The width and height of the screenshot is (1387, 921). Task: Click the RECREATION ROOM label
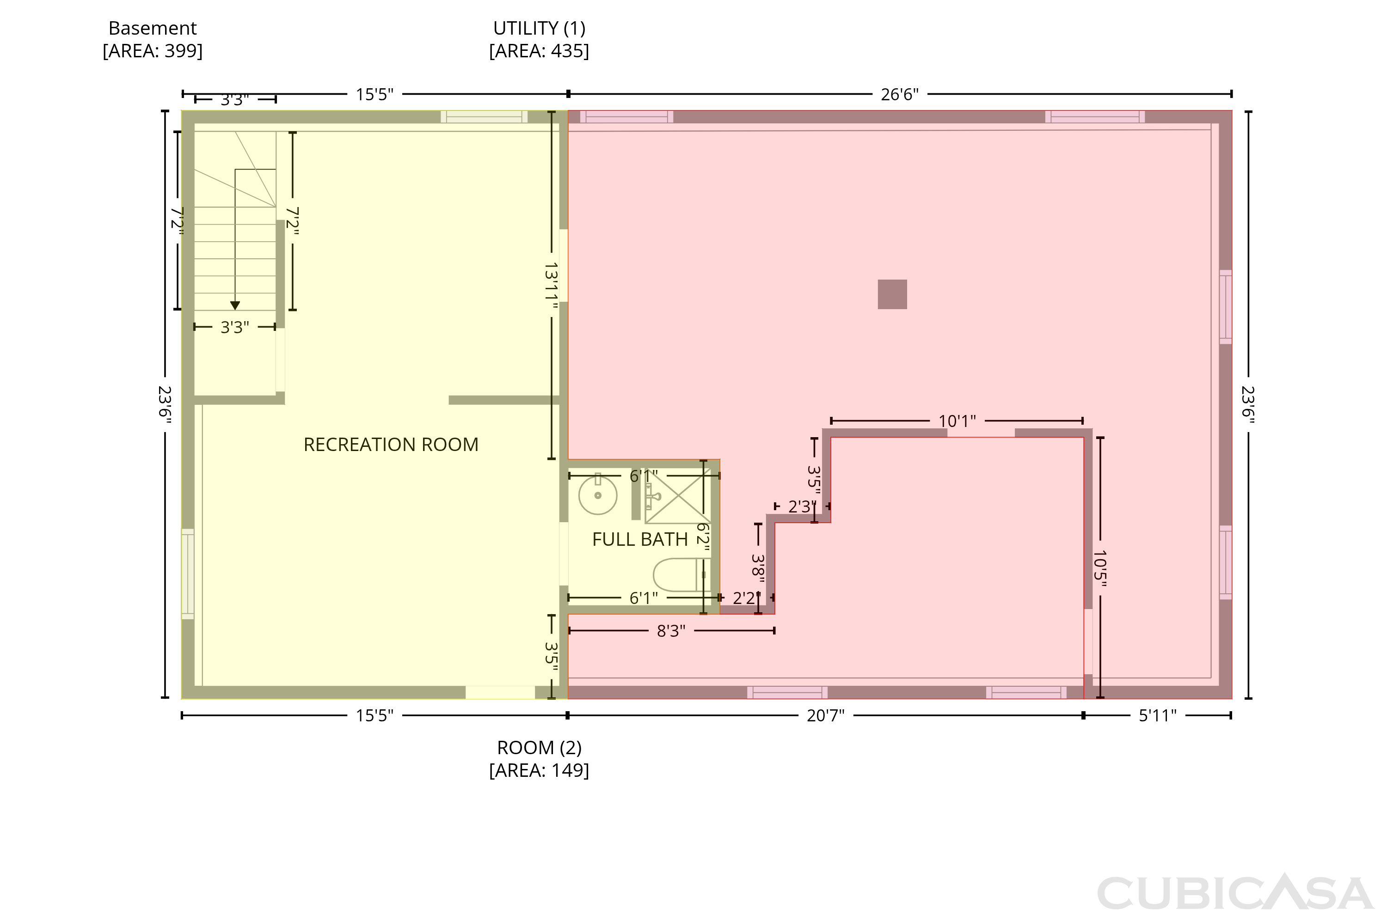click(x=391, y=445)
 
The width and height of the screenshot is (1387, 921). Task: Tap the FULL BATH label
click(x=640, y=539)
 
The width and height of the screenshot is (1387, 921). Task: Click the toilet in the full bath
click(x=681, y=574)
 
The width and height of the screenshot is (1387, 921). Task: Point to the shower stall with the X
click(x=678, y=496)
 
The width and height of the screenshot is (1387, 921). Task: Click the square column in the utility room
click(x=892, y=294)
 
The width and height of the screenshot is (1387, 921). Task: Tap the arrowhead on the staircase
click(x=235, y=305)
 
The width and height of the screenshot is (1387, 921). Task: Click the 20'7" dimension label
click(x=825, y=715)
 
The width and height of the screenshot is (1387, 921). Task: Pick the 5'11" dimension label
click(x=1157, y=715)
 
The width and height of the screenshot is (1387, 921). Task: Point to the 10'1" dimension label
click(x=957, y=421)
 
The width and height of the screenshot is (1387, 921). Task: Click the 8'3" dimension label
click(x=671, y=631)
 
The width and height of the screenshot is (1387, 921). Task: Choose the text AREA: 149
click(x=539, y=770)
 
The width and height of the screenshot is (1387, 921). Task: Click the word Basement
click(x=153, y=28)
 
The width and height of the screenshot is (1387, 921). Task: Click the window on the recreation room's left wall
click(x=187, y=574)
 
